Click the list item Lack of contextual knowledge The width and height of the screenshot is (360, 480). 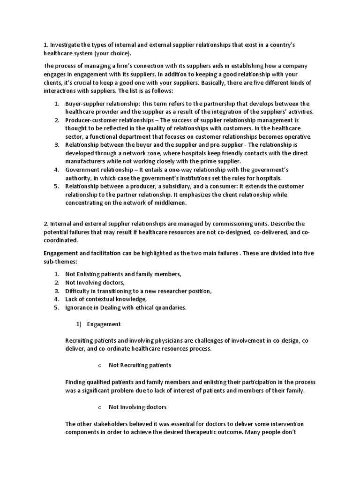[106, 299]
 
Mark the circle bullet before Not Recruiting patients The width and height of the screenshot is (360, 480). [100, 365]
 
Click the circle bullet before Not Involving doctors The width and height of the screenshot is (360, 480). [100, 407]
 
